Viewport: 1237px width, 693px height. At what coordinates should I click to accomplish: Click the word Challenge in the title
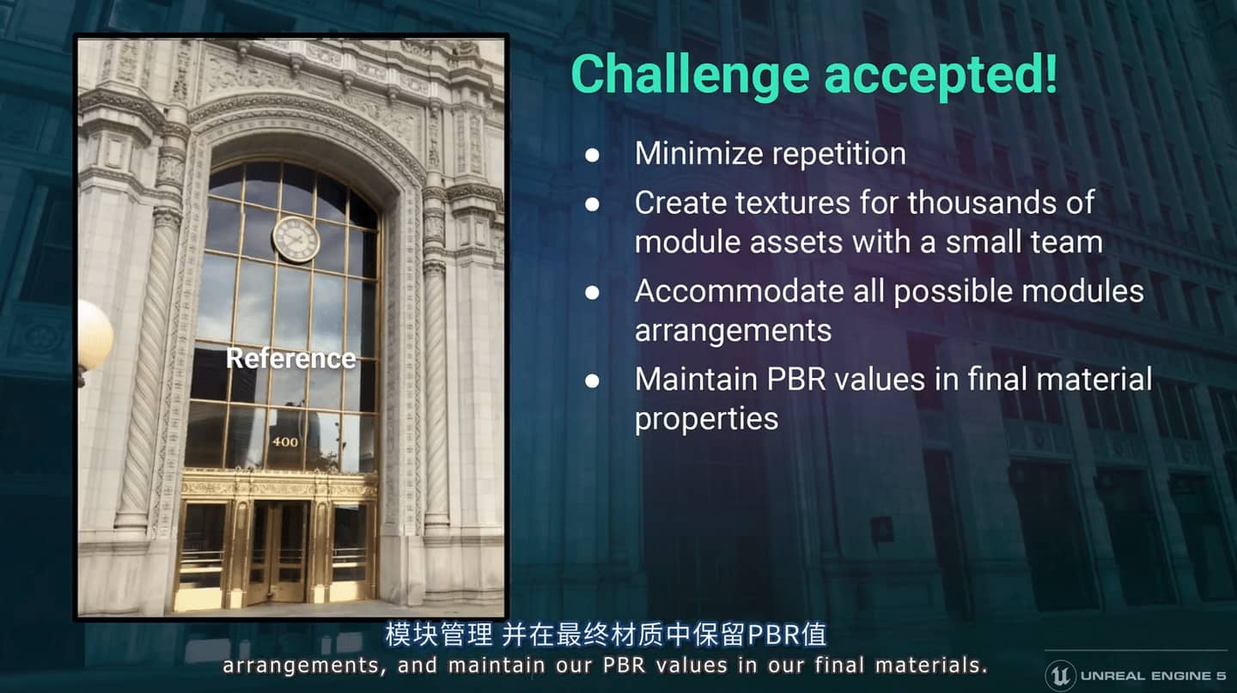(691, 76)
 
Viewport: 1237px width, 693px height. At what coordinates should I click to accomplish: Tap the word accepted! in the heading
(941, 77)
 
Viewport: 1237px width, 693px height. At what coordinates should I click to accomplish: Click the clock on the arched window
(296, 239)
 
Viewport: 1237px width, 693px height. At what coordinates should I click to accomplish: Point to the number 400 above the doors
(285, 441)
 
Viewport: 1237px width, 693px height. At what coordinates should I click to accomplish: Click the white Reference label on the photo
(291, 359)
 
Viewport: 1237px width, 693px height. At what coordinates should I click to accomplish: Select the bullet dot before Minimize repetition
(592, 155)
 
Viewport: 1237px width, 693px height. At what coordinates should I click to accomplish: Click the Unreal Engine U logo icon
(1060, 675)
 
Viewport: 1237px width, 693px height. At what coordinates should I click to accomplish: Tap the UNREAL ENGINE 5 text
(1153, 676)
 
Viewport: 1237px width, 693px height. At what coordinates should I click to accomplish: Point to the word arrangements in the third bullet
(733, 331)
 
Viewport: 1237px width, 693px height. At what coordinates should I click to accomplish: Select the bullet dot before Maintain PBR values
(592, 380)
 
